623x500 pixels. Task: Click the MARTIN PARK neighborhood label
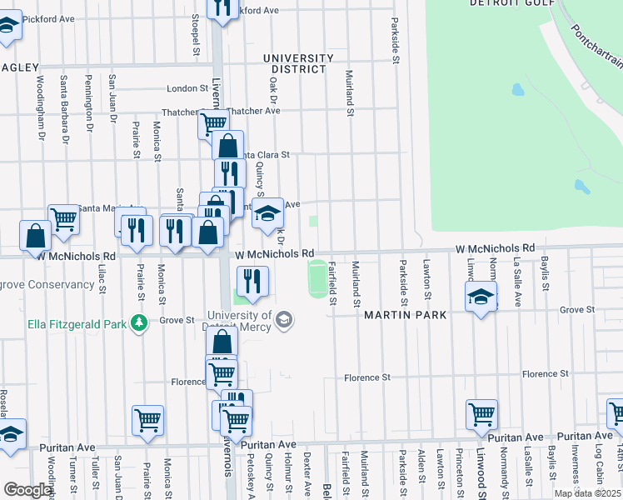click(405, 315)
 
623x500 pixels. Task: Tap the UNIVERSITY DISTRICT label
click(298, 63)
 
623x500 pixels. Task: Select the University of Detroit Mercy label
click(239, 320)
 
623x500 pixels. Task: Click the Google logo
click(27, 490)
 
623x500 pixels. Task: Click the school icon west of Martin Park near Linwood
click(481, 297)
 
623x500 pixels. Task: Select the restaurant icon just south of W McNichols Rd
click(252, 281)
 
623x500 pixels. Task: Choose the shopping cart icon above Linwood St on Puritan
click(481, 413)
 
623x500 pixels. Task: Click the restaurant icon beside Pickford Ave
click(222, 8)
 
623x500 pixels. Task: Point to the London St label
click(187, 88)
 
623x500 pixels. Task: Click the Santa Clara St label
click(264, 154)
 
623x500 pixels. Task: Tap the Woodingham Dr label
click(39, 107)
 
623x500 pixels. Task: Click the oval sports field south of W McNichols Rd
click(317, 277)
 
